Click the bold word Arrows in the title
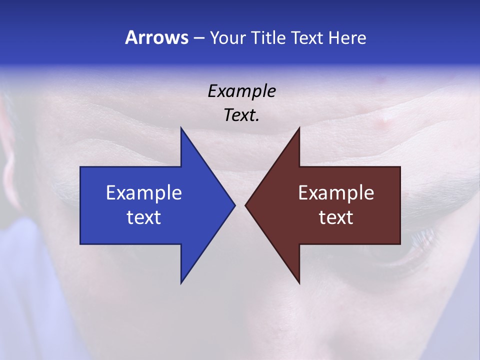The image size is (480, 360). (x=156, y=37)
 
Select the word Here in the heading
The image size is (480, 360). (x=347, y=37)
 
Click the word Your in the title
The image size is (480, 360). (x=227, y=37)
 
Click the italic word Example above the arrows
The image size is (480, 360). (x=241, y=91)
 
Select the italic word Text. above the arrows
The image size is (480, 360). (x=241, y=115)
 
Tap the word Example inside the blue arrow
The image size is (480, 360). (x=144, y=192)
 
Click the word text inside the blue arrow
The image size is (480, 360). (x=144, y=217)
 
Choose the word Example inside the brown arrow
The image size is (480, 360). (x=336, y=192)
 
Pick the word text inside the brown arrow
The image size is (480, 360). (x=336, y=217)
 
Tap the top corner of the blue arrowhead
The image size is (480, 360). (x=181, y=128)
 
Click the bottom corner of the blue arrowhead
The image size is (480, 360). (x=181, y=282)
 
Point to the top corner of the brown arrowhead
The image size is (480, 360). (x=299, y=128)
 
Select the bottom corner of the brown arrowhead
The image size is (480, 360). (x=299, y=282)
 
